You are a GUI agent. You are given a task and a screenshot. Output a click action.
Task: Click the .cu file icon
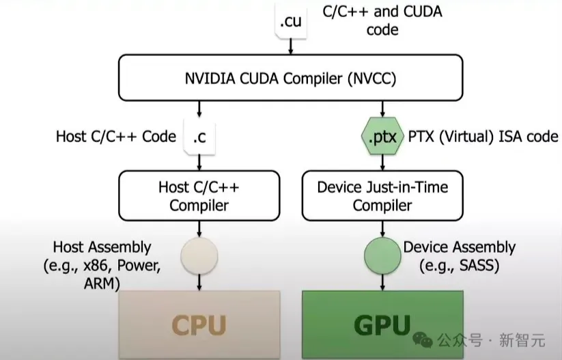tap(291, 20)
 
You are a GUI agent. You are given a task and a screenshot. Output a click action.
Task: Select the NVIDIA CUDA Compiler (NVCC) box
tap(291, 78)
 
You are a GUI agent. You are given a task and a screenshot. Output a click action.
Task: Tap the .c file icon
tap(199, 137)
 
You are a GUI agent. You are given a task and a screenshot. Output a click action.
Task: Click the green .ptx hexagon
tap(382, 136)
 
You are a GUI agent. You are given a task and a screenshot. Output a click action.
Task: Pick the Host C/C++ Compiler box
tap(199, 196)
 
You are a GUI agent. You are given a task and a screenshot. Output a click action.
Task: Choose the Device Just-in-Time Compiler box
tap(382, 196)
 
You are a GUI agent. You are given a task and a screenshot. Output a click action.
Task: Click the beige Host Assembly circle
tap(199, 255)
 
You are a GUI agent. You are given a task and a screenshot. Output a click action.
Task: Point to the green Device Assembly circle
tap(382, 255)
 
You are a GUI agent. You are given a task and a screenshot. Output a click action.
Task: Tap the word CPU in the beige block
tap(199, 325)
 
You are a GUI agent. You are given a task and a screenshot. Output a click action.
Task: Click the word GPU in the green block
tap(382, 325)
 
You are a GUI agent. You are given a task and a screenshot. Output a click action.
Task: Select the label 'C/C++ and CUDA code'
tap(382, 20)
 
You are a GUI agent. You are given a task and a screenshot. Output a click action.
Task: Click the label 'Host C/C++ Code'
tap(116, 137)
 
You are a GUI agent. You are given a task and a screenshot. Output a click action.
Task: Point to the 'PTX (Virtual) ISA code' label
tap(483, 137)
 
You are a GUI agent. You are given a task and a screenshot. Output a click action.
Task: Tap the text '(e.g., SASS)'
tap(460, 266)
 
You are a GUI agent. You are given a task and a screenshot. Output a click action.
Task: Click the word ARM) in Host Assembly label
tap(102, 283)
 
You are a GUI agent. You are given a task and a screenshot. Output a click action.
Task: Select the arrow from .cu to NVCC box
tap(291, 46)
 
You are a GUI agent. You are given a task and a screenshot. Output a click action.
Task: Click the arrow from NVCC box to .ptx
tap(382, 109)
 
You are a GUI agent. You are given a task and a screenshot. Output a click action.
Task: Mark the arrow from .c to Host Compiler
tap(199, 163)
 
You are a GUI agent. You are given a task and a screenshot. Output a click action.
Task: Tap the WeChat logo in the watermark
tap(423, 340)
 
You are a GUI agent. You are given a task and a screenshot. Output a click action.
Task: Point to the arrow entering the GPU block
tap(382, 282)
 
